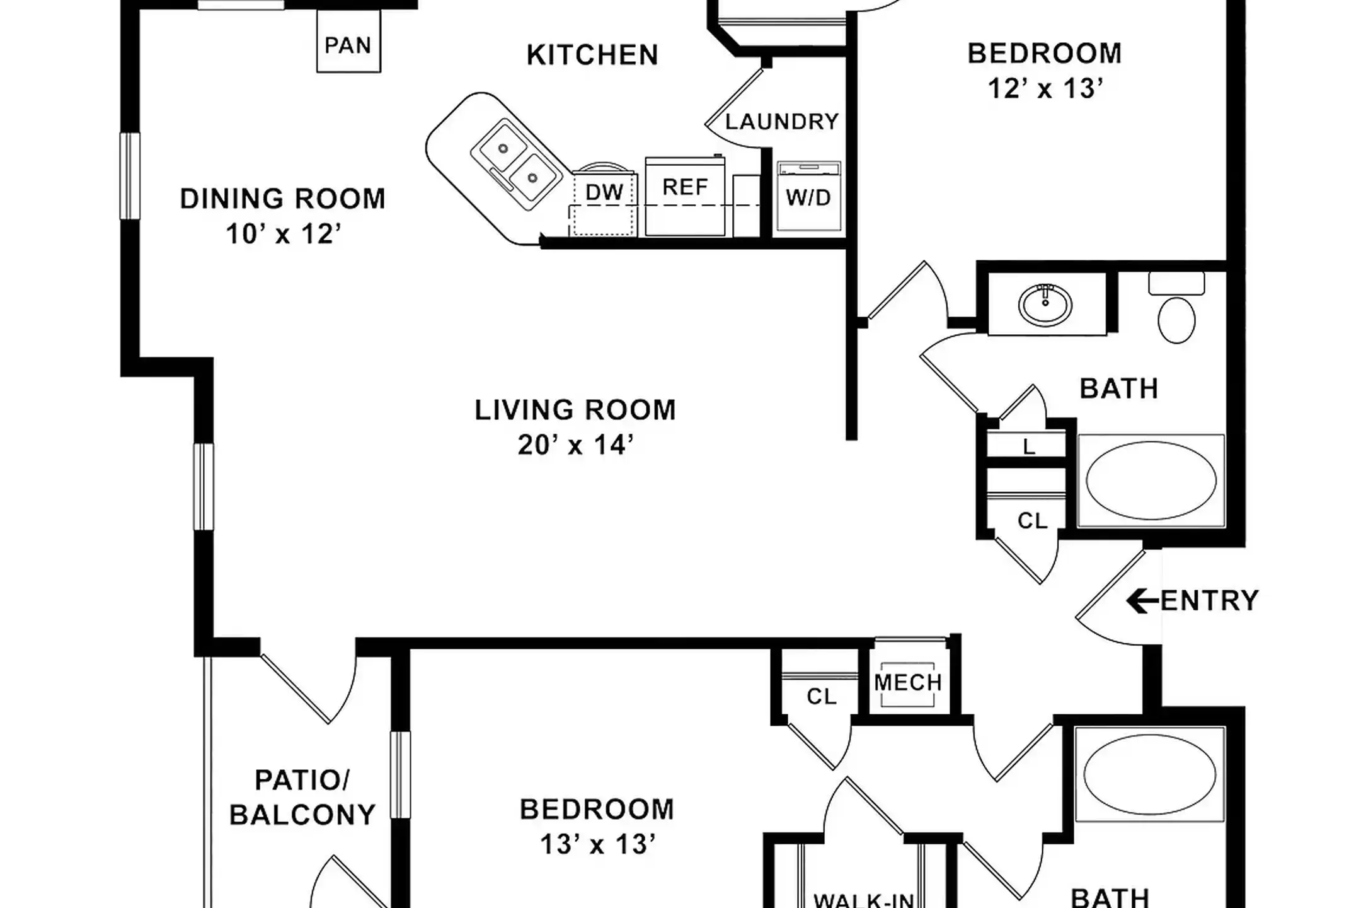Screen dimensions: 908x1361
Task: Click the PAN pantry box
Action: (x=348, y=45)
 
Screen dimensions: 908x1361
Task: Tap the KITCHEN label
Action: (x=592, y=55)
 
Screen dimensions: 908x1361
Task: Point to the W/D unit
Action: (x=808, y=197)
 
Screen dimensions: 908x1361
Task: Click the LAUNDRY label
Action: (x=781, y=121)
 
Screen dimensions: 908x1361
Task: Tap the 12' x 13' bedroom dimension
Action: (x=1045, y=89)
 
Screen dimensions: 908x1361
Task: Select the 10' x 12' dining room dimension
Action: (x=283, y=234)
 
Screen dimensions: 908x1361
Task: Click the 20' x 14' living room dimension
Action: (x=575, y=445)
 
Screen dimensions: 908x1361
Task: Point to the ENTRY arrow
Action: (x=1142, y=601)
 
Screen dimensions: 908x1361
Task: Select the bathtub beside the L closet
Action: (x=1151, y=480)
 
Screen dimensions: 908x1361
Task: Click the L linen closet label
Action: (x=1028, y=447)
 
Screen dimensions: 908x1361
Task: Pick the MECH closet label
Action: (x=908, y=682)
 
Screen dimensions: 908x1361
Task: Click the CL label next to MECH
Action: (x=821, y=696)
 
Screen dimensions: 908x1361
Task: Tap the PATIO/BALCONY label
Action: (x=302, y=798)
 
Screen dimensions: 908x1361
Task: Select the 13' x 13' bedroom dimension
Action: (x=597, y=844)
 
